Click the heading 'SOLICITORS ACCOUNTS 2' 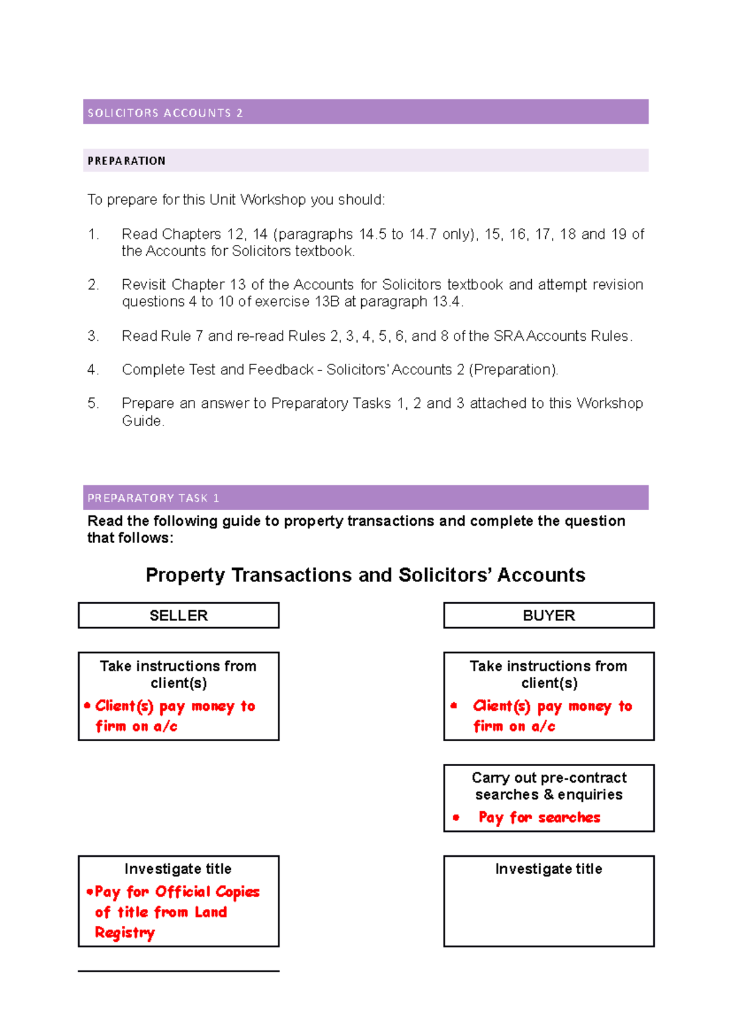click(165, 113)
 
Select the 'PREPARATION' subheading click(126, 161)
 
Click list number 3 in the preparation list click(93, 336)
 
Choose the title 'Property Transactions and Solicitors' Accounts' click(365, 575)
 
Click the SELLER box click(178, 616)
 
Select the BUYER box click(548, 616)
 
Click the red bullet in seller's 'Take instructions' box click(88, 706)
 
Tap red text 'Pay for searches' click(539, 817)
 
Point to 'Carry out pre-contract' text click(549, 778)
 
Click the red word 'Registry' click(125, 933)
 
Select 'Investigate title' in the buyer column click(548, 869)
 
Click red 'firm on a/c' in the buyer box click(514, 726)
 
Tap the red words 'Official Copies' click(207, 892)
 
